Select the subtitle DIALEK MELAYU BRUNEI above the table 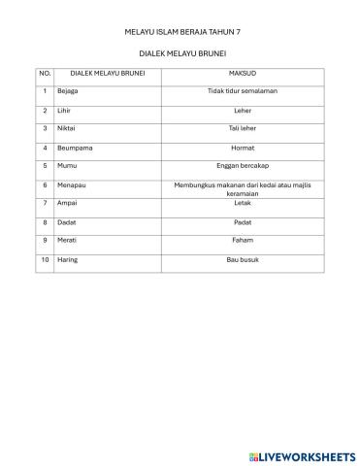coord(182,53)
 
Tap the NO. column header coord(45,73)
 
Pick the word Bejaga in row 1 coord(67,91)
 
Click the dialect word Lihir coord(64,110)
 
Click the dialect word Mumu coord(66,165)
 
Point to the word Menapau coord(70,184)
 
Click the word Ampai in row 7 coord(66,203)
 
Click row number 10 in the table coord(45,259)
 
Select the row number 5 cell coord(45,165)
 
